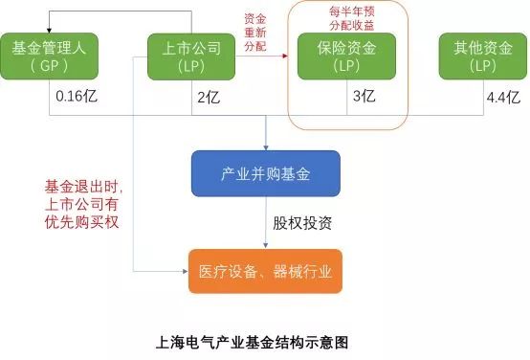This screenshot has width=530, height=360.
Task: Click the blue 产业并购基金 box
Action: [263, 173]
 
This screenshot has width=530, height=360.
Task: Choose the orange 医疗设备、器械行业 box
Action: [263, 271]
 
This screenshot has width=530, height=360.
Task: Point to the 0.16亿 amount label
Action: [75, 96]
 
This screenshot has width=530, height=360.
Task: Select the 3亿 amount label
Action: [365, 96]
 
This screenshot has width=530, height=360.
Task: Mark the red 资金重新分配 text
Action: [254, 31]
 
